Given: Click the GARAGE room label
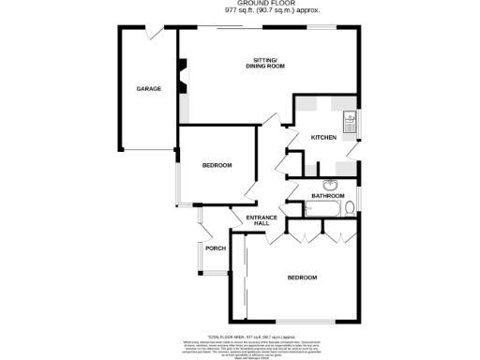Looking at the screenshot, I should (148, 89).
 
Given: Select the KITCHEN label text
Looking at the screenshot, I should (323, 138).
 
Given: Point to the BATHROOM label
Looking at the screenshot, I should (328, 196).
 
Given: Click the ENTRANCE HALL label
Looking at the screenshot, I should (262, 220).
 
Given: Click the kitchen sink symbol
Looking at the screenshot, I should (349, 119).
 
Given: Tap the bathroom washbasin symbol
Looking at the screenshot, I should (331, 184).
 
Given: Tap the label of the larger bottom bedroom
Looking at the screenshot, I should (302, 278).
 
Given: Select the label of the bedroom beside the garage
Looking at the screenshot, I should (217, 166).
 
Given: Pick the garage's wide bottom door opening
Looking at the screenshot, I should (148, 150).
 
